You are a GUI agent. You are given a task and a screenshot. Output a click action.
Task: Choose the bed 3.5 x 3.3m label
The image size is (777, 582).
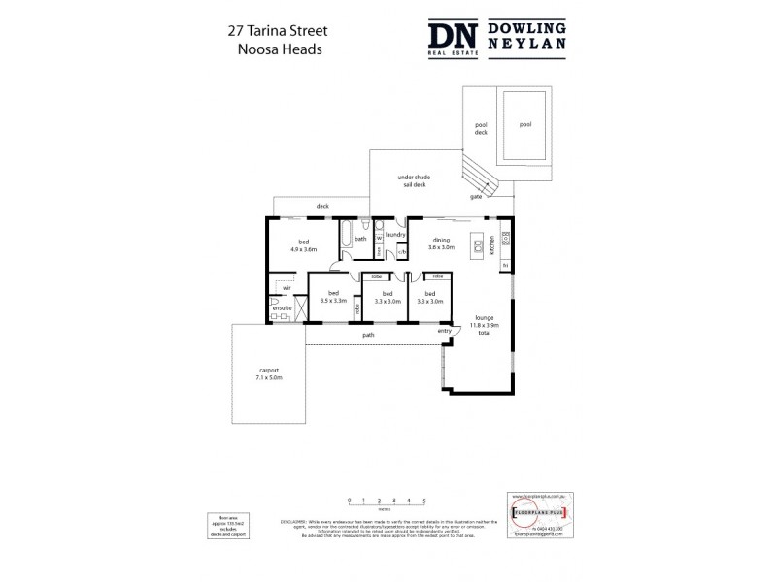pyautogui.click(x=333, y=297)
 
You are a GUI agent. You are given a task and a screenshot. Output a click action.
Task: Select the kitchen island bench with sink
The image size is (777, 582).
pyautogui.click(x=478, y=243)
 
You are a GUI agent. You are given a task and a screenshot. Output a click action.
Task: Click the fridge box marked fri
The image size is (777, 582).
pyautogui.click(x=506, y=266)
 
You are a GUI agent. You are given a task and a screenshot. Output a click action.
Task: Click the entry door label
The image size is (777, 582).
pyautogui.click(x=444, y=331)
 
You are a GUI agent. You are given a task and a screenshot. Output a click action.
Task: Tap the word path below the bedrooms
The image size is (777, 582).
pyautogui.click(x=370, y=336)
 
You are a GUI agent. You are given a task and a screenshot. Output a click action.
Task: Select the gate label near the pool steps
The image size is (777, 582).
pyautogui.click(x=476, y=197)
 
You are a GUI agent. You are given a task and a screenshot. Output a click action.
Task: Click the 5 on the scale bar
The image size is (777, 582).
pyautogui.click(x=423, y=501)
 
